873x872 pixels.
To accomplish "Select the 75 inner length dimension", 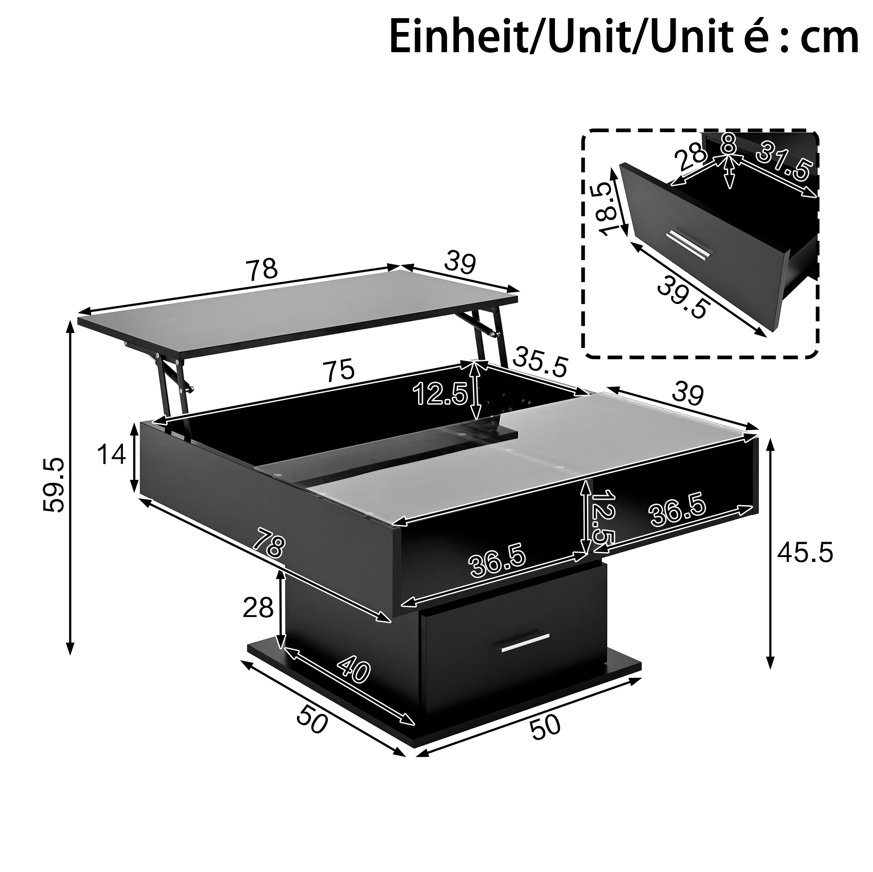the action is click(341, 371).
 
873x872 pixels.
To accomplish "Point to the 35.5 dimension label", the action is click(540, 361).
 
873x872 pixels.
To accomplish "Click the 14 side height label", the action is click(111, 454).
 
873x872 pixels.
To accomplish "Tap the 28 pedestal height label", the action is click(258, 608).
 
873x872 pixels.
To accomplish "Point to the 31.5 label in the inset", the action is click(784, 161).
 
